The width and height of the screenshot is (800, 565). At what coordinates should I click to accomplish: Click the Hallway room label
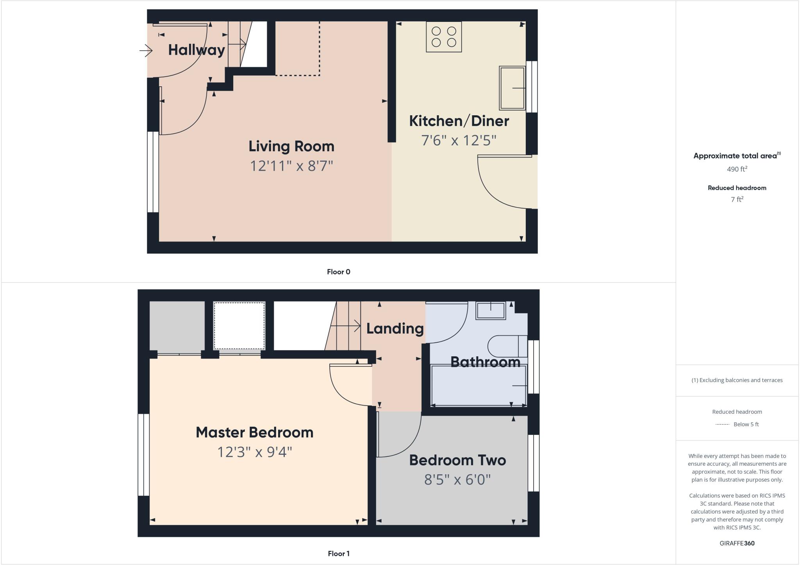[196, 50]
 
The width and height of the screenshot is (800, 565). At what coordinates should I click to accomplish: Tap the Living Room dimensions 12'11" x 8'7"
[291, 166]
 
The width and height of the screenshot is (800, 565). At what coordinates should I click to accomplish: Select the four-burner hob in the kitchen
[444, 37]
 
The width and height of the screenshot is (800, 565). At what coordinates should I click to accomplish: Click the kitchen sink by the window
[512, 88]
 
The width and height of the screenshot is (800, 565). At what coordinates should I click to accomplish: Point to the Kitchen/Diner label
[459, 121]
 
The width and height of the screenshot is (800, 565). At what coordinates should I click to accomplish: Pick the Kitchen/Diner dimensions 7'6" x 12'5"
[459, 140]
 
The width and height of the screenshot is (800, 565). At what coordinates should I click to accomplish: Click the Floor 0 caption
[339, 272]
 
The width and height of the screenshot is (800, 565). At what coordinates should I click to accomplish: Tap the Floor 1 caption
[339, 554]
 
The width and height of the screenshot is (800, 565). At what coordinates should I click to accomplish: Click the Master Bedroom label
[255, 433]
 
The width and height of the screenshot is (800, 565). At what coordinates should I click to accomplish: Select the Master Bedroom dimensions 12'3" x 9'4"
[255, 452]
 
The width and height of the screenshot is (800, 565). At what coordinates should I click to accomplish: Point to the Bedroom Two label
[457, 460]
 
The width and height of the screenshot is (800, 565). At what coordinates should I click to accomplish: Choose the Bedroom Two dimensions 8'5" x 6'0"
[457, 479]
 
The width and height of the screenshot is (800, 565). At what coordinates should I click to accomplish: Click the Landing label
[395, 329]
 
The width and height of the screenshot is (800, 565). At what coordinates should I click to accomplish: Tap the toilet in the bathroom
[507, 346]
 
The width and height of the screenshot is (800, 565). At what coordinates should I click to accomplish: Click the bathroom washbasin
[491, 311]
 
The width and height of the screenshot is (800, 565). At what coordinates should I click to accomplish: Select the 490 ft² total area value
[737, 169]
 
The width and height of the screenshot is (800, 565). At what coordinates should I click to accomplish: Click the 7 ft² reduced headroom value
[737, 199]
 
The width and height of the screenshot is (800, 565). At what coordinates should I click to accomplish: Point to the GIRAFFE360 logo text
[737, 543]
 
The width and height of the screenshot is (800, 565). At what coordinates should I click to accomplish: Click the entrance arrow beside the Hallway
[146, 50]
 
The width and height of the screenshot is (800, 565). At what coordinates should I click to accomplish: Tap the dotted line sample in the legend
[722, 424]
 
